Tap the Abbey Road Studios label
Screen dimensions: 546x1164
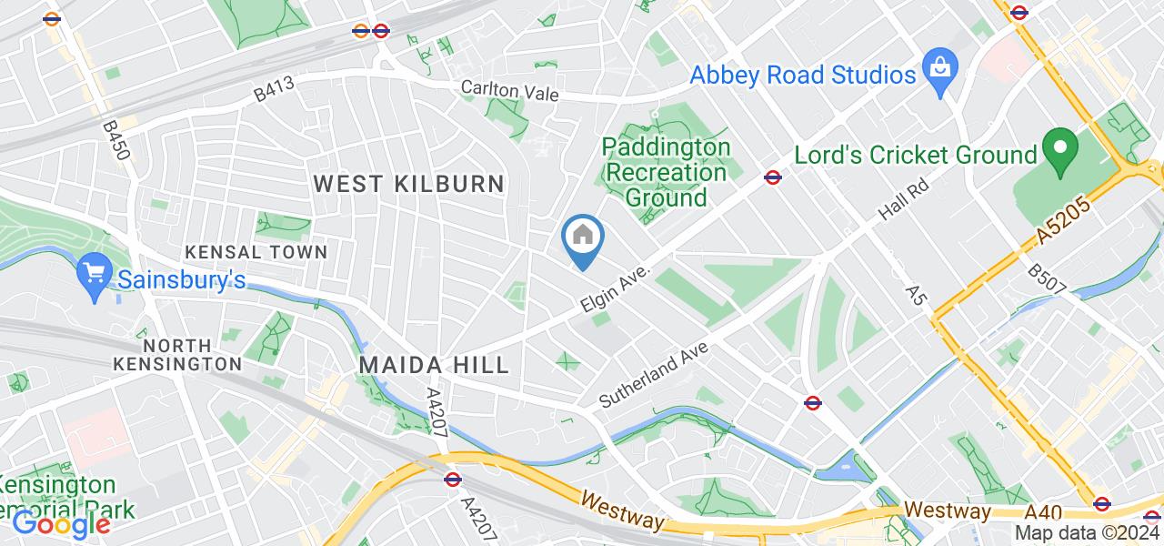click(803, 75)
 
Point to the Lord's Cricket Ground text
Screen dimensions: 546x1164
click(916, 156)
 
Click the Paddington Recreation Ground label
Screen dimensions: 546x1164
click(667, 172)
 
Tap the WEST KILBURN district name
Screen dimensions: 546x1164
click(408, 184)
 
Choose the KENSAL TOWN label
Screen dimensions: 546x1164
click(256, 251)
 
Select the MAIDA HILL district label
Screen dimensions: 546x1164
click(434, 366)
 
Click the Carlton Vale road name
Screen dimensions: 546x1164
click(509, 92)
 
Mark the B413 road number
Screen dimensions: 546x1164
click(274, 89)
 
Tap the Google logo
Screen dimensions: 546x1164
click(60, 524)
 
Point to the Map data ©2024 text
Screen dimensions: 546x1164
click(1087, 533)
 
